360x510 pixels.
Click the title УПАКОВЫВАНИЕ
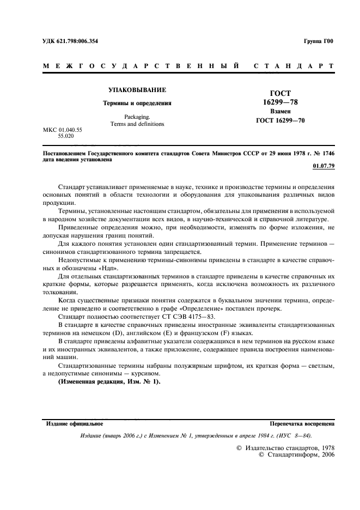click(x=137, y=89)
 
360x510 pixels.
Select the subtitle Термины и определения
click(x=137, y=102)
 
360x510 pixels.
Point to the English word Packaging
click(x=137, y=116)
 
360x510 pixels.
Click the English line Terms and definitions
click(x=137, y=124)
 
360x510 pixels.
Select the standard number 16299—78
click(x=280, y=102)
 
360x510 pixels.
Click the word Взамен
click(x=280, y=111)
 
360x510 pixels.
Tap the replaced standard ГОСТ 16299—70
click(x=280, y=120)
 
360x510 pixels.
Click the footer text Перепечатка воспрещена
click(x=302, y=423)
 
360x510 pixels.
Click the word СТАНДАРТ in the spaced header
click(x=294, y=66)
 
